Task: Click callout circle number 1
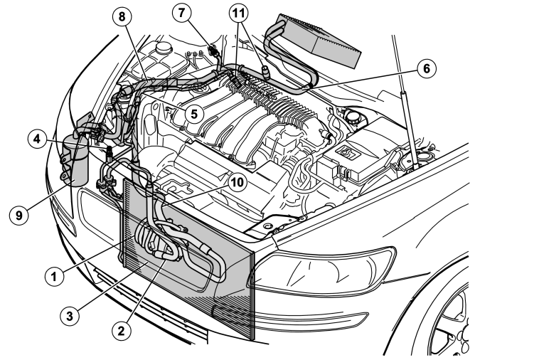(54, 276)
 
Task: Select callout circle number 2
(121, 331)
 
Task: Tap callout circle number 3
(70, 316)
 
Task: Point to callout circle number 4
(37, 139)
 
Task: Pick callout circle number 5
(194, 114)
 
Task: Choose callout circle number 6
(427, 68)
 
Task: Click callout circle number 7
(181, 13)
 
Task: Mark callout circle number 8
(122, 16)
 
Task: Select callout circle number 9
(18, 216)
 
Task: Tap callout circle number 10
(237, 183)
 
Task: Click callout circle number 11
(239, 13)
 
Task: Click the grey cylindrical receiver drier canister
(75, 161)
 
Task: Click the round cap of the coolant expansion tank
(164, 48)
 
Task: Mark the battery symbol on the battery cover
(348, 152)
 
